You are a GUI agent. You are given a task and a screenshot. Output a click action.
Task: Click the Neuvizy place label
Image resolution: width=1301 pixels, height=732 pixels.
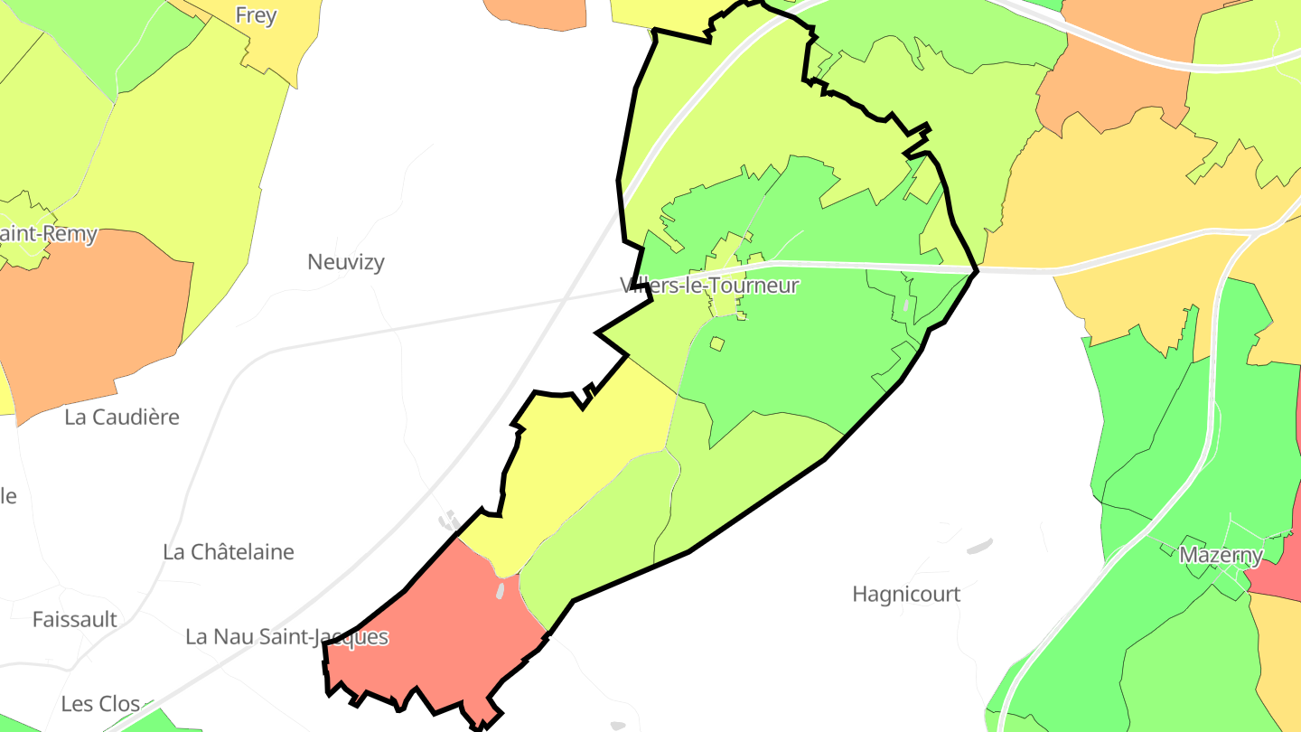(346, 262)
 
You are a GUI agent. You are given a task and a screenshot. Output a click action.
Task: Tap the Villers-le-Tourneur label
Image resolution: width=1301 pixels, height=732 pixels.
(710, 286)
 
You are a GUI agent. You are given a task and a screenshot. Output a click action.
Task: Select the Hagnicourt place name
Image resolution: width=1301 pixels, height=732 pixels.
(906, 595)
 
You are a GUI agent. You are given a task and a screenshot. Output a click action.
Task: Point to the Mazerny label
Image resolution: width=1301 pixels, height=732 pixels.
(1221, 555)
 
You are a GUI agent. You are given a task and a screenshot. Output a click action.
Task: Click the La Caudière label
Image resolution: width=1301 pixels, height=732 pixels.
(122, 418)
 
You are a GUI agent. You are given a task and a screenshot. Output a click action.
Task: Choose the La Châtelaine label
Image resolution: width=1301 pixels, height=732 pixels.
(229, 552)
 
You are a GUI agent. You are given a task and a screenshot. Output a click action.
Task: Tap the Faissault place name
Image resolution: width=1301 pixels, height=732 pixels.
(75, 620)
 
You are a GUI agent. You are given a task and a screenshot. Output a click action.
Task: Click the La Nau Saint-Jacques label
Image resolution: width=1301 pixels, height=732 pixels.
(286, 637)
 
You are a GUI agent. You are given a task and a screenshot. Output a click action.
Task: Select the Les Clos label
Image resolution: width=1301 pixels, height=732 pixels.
(100, 704)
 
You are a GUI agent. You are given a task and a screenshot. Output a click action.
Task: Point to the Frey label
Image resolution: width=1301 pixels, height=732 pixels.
(256, 15)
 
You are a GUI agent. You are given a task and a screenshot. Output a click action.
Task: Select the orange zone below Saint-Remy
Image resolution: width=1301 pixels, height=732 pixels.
(90, 325)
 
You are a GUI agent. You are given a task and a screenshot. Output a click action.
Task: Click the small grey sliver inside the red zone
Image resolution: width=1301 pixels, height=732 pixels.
(501, 590)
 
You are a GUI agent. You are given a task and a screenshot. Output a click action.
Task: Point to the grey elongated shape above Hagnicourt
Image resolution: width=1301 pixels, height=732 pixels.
(978, 546)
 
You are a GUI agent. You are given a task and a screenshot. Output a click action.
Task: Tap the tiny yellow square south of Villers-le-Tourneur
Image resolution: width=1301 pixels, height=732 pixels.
(717, 343)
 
